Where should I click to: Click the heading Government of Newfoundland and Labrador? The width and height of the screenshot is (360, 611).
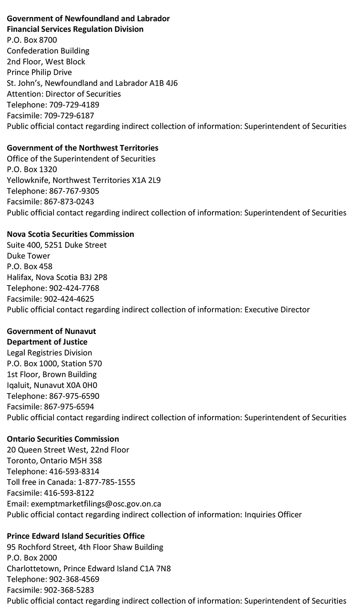(88, 18)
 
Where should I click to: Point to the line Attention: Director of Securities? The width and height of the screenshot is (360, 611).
(64, 94)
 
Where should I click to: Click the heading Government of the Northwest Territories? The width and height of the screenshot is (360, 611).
(82, 148)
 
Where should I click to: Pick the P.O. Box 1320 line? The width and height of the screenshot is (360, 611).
(32, 169)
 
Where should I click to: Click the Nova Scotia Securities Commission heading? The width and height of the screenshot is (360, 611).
(70, 234)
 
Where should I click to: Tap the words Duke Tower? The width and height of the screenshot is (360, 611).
(28, 256)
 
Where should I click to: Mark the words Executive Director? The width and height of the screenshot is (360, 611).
(277, 310)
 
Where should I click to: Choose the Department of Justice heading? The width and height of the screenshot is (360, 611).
(47, 342)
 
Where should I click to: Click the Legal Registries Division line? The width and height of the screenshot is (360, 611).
(49, 353)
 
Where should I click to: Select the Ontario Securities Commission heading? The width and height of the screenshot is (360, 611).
(63, 439)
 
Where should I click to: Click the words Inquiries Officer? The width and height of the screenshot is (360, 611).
(273, 515)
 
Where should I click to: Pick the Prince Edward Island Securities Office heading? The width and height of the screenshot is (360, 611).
(76, 536)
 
